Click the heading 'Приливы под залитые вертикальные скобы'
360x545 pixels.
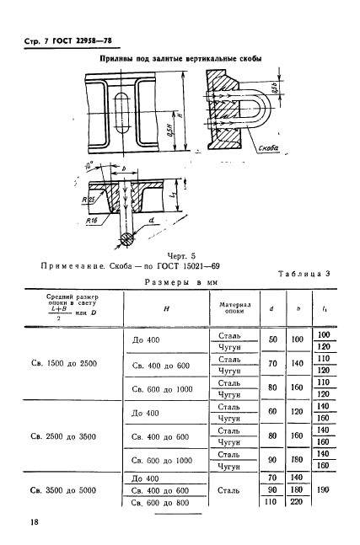point(180,59)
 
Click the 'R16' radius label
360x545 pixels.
point(93,216)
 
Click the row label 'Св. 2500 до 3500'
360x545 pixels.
point(64,437)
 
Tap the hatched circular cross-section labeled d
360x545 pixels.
point(126,238)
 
